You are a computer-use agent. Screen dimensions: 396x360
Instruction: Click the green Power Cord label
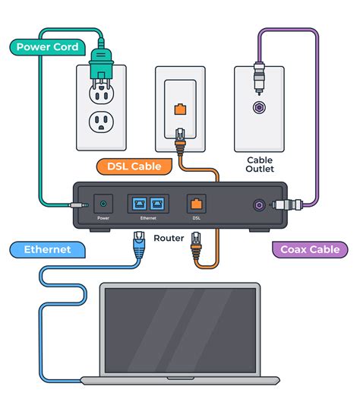46,47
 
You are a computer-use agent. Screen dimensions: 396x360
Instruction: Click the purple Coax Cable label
310,249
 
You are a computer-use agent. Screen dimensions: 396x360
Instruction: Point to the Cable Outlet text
260,165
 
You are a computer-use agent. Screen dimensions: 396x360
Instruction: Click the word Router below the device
169,238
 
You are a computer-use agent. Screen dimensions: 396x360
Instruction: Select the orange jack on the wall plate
180,109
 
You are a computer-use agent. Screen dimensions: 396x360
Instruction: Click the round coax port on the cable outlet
260,109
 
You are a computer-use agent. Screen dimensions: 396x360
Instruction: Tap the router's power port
103,203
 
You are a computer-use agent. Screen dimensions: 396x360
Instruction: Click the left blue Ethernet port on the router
141,203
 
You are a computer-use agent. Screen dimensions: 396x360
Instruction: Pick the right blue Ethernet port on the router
158,203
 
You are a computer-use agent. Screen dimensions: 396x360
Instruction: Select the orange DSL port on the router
196,203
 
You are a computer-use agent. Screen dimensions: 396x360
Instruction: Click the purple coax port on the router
260,204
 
